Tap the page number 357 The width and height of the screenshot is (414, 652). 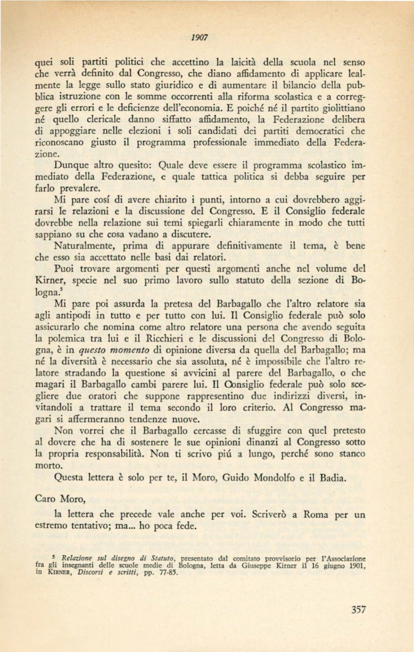point(358,610)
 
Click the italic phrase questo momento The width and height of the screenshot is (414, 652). point(114,350)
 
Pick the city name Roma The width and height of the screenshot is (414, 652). point(315,514)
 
